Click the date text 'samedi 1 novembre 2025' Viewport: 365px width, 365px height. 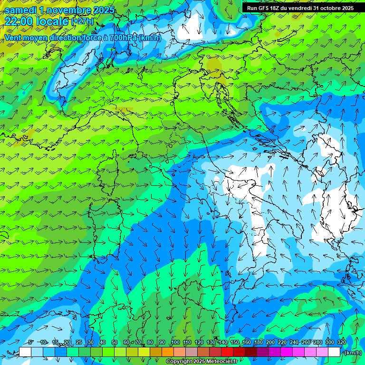point(59,10)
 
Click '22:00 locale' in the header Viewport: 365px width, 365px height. point(37,21)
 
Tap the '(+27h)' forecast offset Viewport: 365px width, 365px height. point(83,22)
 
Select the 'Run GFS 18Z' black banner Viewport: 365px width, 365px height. point(300,8)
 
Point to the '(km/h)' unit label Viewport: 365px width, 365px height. point(353,353)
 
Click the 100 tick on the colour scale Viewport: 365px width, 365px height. point(175,342)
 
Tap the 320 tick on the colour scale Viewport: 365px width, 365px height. point(342,342)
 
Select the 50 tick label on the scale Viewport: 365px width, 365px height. point(115,342)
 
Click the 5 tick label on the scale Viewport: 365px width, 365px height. point(30,342)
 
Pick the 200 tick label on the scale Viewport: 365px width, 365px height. point(270,342)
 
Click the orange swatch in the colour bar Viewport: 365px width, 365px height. point(168,352)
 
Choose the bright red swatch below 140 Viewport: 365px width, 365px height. point(227,352)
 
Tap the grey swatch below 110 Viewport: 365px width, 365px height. point(192,352)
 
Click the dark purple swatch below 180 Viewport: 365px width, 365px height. point(263,352)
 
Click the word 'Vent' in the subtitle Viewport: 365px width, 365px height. point(13,37)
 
